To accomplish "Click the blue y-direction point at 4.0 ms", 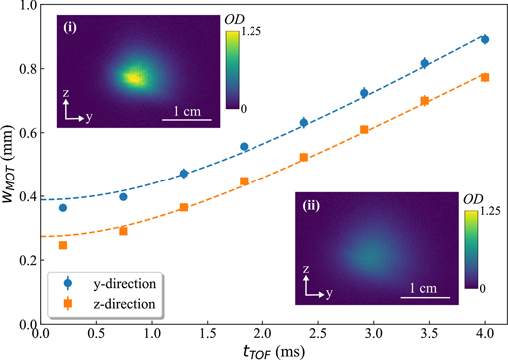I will point(485,40).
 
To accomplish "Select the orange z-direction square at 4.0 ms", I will point(485,77).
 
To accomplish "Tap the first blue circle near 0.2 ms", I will point(63,207).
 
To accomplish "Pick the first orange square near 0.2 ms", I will point(63,245).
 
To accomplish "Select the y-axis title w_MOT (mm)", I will point(9,165).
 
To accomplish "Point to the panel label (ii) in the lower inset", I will point(310,207).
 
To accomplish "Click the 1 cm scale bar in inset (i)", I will point(186,119).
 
